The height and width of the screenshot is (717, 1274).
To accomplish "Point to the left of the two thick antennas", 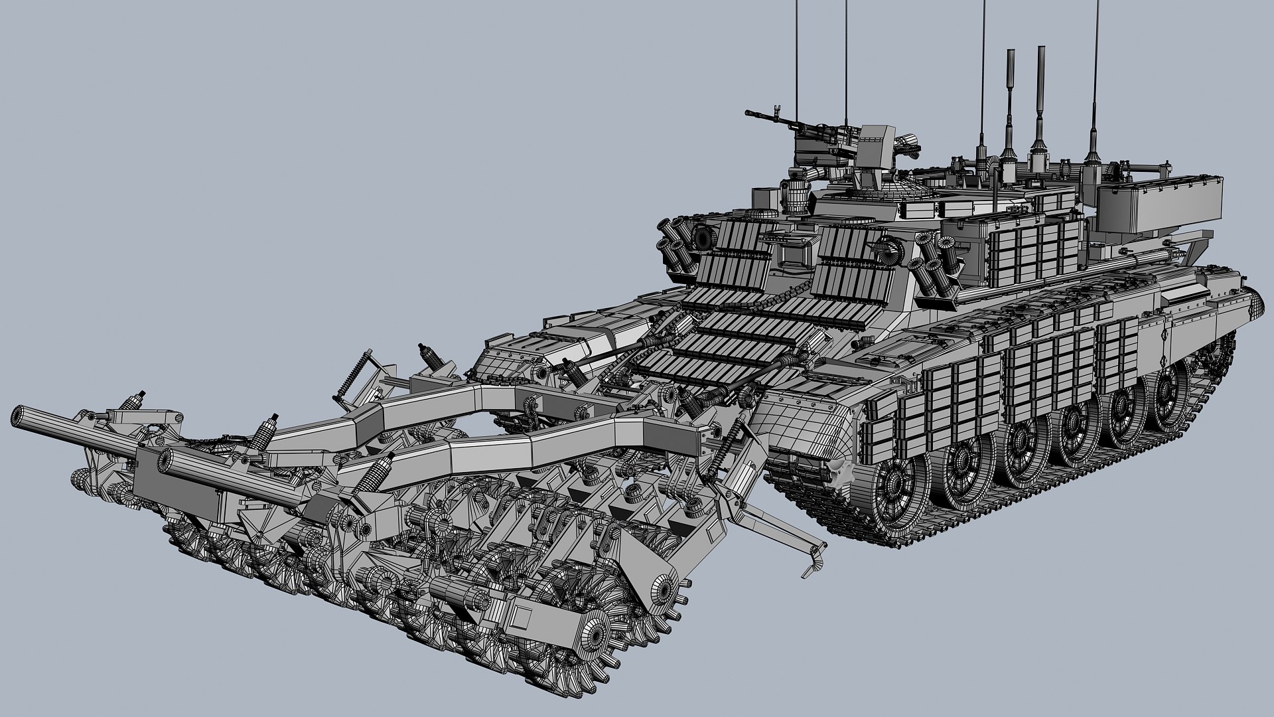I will (x=1010, y=100).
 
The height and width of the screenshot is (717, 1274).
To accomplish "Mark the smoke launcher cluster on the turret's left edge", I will (x=673, y=243).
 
